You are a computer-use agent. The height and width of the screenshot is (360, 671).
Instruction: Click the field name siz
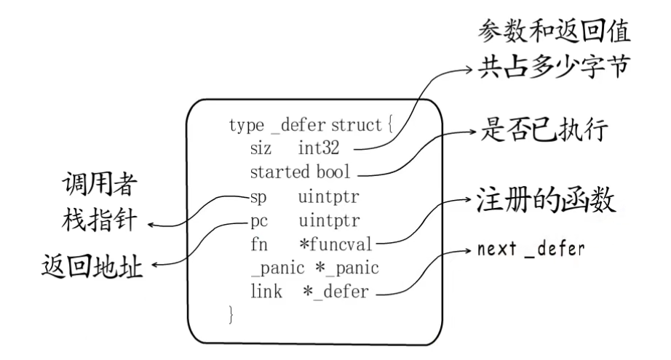(259, 149)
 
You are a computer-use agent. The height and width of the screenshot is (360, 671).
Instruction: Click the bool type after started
(334, 173)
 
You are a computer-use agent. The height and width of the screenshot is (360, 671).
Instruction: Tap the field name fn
(257, 244)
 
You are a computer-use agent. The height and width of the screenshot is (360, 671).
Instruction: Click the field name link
(262, 292)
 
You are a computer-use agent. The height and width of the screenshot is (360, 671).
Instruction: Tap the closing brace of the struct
(232, 315)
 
